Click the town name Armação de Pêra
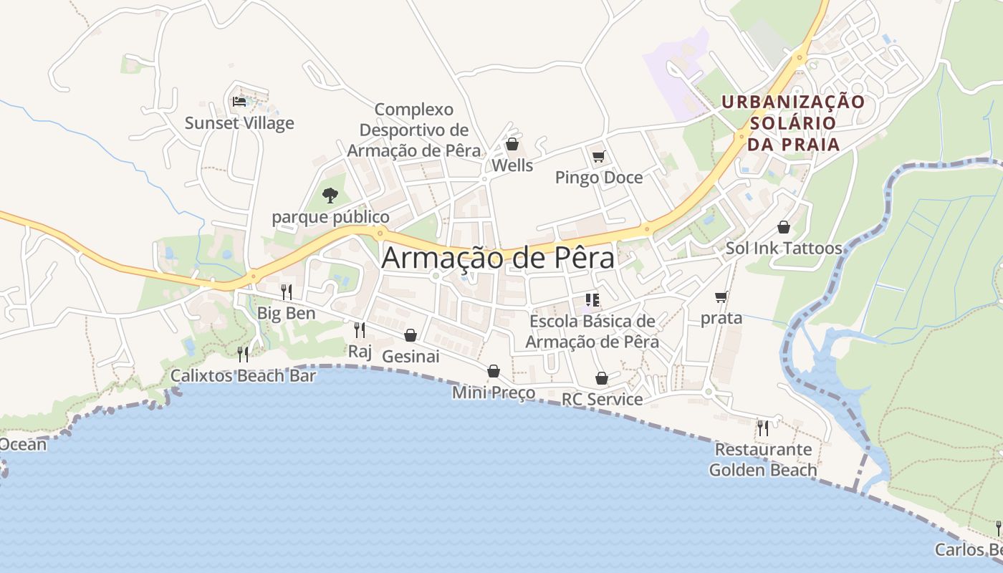point(498,258)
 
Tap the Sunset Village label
point(239,122)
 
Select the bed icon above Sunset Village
point(239,101)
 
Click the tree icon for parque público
point(330,195)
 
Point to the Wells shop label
point(512,165)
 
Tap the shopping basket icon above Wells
point(512,144)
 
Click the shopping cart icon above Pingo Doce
point(599,156)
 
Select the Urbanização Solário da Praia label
point(793,122)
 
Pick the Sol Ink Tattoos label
point(784,248)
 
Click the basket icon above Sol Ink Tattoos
point(784,227)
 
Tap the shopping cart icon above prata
point(721,297)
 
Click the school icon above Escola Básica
point(592,299)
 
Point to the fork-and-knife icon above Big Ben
point(286,292)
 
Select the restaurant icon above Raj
point(360,329)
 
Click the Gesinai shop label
point(411,356)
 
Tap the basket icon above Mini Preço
point(494,371)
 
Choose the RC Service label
point(602,399)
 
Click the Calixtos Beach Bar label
point(243,375)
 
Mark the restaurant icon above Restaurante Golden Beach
point(763,428)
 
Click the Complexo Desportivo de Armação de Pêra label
point(414,130)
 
